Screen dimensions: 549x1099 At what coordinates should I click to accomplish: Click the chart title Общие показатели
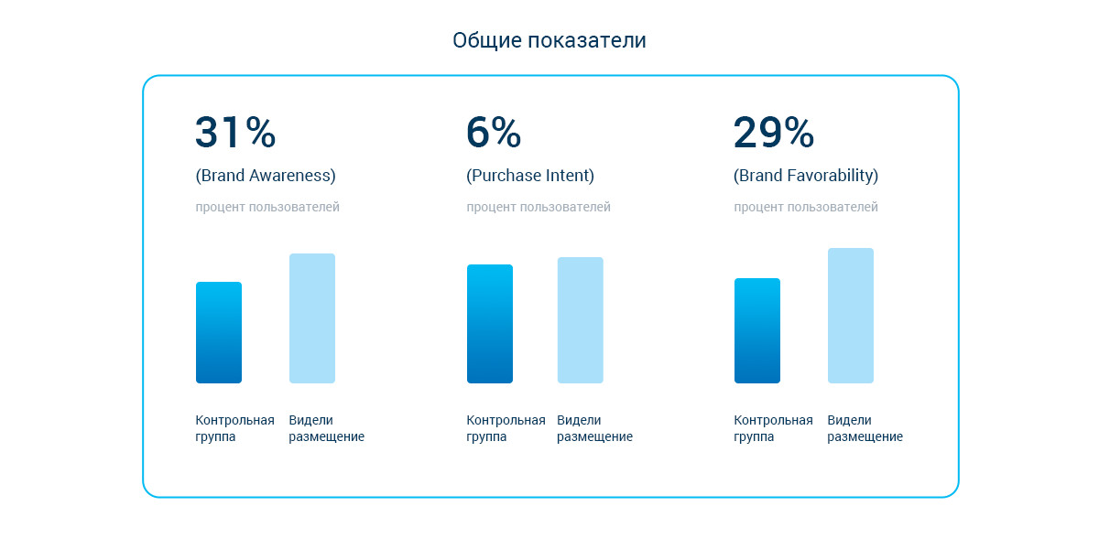tap(549, 41)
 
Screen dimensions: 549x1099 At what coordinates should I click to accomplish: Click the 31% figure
tap(235, 133)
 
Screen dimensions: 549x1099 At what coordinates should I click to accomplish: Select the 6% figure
tap(494, 133)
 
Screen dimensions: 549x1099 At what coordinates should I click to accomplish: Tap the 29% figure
tap(773, 133)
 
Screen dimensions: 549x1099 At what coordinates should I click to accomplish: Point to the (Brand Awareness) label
tap(266, 176)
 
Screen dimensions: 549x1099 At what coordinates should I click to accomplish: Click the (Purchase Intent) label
tap(530, 176)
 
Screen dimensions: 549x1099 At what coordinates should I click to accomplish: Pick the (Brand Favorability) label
tap(806, 176)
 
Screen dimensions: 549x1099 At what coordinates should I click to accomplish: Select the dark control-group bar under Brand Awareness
tap(219, 333)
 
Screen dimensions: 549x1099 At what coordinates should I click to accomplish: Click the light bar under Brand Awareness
tap(312, 318)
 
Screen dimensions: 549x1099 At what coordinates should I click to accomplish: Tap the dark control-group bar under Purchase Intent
tap(490, 324)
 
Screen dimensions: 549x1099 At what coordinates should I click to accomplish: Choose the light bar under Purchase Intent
tap(581, 320)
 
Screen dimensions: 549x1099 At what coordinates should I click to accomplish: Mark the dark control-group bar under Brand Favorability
tap(757, 331)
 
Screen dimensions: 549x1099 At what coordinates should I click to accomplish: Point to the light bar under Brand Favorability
tap(851, 316)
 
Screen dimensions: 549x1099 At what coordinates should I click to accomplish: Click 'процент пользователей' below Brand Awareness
tap(267, 208)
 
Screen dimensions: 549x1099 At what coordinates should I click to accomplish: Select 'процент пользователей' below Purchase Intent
tap(539, 208)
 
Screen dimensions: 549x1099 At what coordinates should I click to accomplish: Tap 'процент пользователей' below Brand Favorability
tap(806, 208)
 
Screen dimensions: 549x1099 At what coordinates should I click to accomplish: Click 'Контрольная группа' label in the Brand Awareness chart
tap(234, 428)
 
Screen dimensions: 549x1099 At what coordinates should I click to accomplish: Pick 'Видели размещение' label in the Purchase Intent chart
tap(594, 428)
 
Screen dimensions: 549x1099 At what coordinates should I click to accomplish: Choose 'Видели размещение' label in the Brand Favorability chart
tap(865, 428)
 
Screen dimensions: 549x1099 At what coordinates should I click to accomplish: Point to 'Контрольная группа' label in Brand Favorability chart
tap(773, 428)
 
